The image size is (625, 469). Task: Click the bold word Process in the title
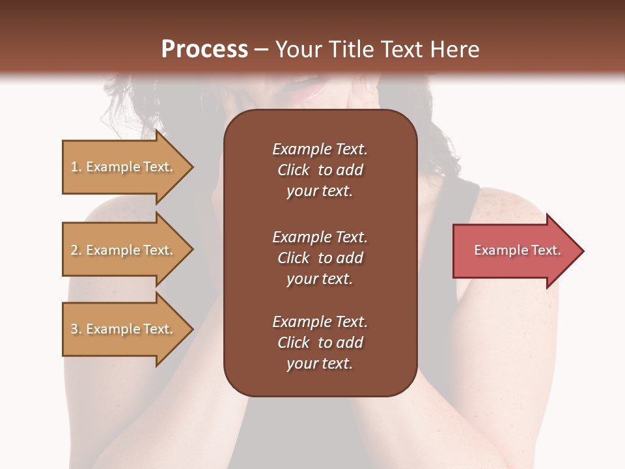204,50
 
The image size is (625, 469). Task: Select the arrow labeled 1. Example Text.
124,167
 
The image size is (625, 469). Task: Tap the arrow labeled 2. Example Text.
124,250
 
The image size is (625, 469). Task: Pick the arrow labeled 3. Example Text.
124,329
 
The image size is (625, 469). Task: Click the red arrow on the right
514,251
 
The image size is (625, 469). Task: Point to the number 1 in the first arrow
74,167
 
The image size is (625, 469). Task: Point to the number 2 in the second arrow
74,250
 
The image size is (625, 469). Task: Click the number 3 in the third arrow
74,329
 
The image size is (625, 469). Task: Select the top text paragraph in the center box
320,170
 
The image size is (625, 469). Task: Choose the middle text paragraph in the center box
320,258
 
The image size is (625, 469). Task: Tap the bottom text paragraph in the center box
320,343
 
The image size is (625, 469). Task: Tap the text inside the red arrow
517,250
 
